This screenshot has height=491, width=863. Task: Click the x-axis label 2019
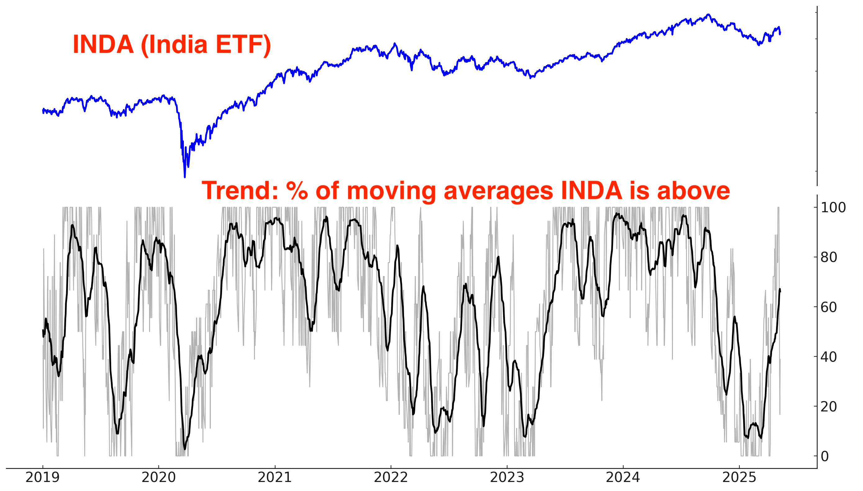pyautogui.click(x=43, y=478)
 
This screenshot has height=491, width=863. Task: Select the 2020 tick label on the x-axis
pyautogui.click(x=158, y=478)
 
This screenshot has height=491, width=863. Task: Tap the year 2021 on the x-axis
pyautogui.click(x=275, y=478)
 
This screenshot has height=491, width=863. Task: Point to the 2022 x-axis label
pyautogui.click(x=391, y=478)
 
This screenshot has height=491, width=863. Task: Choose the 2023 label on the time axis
pyautogui.click(x=507, y=478)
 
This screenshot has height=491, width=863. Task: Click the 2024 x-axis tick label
pyautogui.click(x=623, y=478)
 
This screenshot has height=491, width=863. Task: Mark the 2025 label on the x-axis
pyautogui.click(x=739, y=478)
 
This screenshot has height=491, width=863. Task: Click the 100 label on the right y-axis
pyautogui.click(x=833, y=207)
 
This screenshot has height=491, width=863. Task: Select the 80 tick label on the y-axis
pyautogui.click(x=829, y=257)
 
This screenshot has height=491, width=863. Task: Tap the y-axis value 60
pyautogui.click(x=829, y=307)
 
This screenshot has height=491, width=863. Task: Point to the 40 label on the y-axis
pyautogui.click(x=829, y=357)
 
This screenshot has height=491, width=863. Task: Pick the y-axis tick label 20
pyautogui.click(x=829, y=407)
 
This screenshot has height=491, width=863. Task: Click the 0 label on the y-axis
pyautogui.click(x=825, y=456)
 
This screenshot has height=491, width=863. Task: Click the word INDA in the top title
pyautogui.click(x=103, y=44)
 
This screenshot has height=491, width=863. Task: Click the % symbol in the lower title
pyautogui.click(x=297, y=190)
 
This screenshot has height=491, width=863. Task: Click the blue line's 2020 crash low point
pyautogui.click(x=185, y=177)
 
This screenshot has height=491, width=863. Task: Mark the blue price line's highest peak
pyautogui.click(x=709, y=15)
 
